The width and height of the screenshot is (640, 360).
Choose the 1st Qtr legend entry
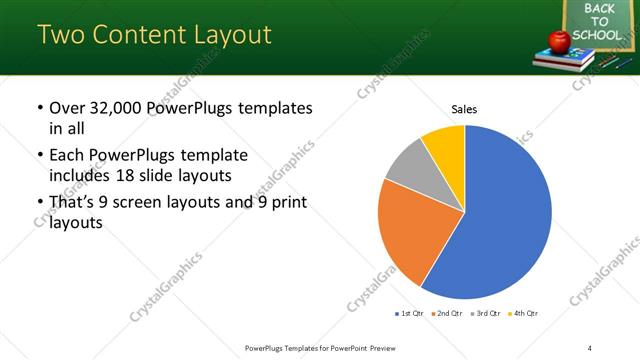pos(410,314)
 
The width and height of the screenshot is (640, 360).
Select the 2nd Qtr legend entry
pos(448,314)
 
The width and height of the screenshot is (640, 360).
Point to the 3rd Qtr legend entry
pos(486,314)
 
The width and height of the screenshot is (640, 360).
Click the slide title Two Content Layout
pos(154,35)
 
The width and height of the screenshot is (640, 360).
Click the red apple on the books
pos(559,40)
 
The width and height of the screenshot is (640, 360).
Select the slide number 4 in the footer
pos(589,347)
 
